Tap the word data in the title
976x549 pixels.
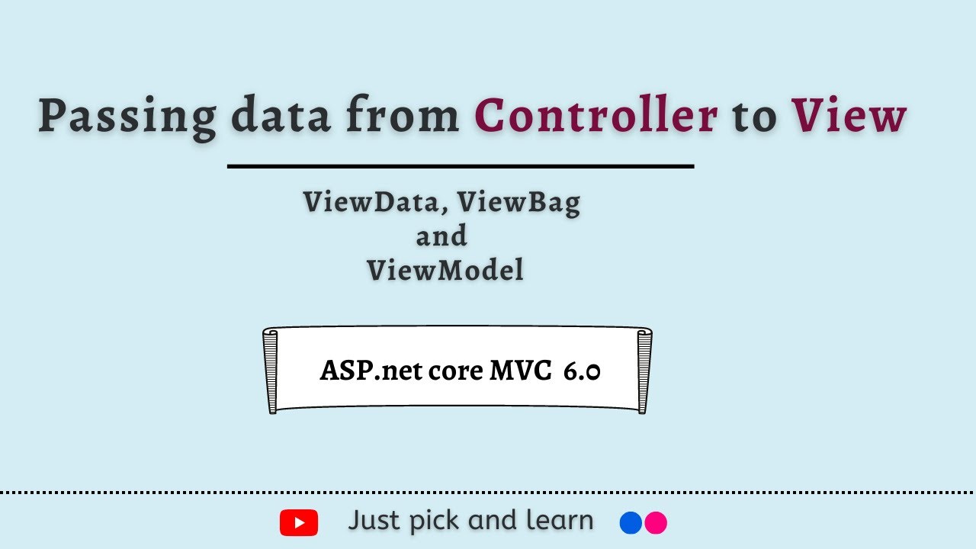281,117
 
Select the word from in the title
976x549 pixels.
402,117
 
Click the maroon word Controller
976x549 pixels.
596,117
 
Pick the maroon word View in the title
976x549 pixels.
849,117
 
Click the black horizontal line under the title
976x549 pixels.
461,165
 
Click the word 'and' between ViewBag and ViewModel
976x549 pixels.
441,236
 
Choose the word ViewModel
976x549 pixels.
445,270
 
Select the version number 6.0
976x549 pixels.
582,371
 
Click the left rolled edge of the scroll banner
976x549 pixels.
271,371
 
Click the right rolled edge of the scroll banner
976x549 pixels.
644,371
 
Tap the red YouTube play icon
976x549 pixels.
299,523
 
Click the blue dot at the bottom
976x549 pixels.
631,522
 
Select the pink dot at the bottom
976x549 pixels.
656,522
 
